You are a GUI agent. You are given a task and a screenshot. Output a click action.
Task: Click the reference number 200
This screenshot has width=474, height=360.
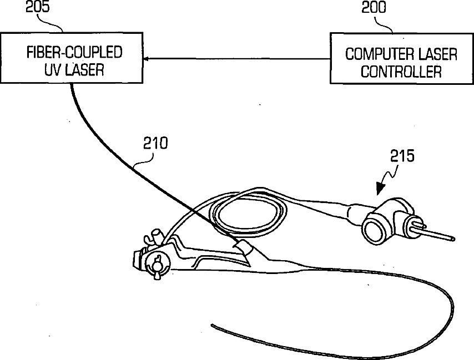tap(375, 7)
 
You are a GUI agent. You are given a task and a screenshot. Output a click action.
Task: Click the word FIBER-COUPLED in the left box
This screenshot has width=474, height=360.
tap(74, 53)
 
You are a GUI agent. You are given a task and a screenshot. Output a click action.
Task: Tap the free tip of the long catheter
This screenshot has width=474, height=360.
tap(211, 323)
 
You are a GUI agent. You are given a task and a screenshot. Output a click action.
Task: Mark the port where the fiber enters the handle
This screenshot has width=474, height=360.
tap(243, 245)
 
